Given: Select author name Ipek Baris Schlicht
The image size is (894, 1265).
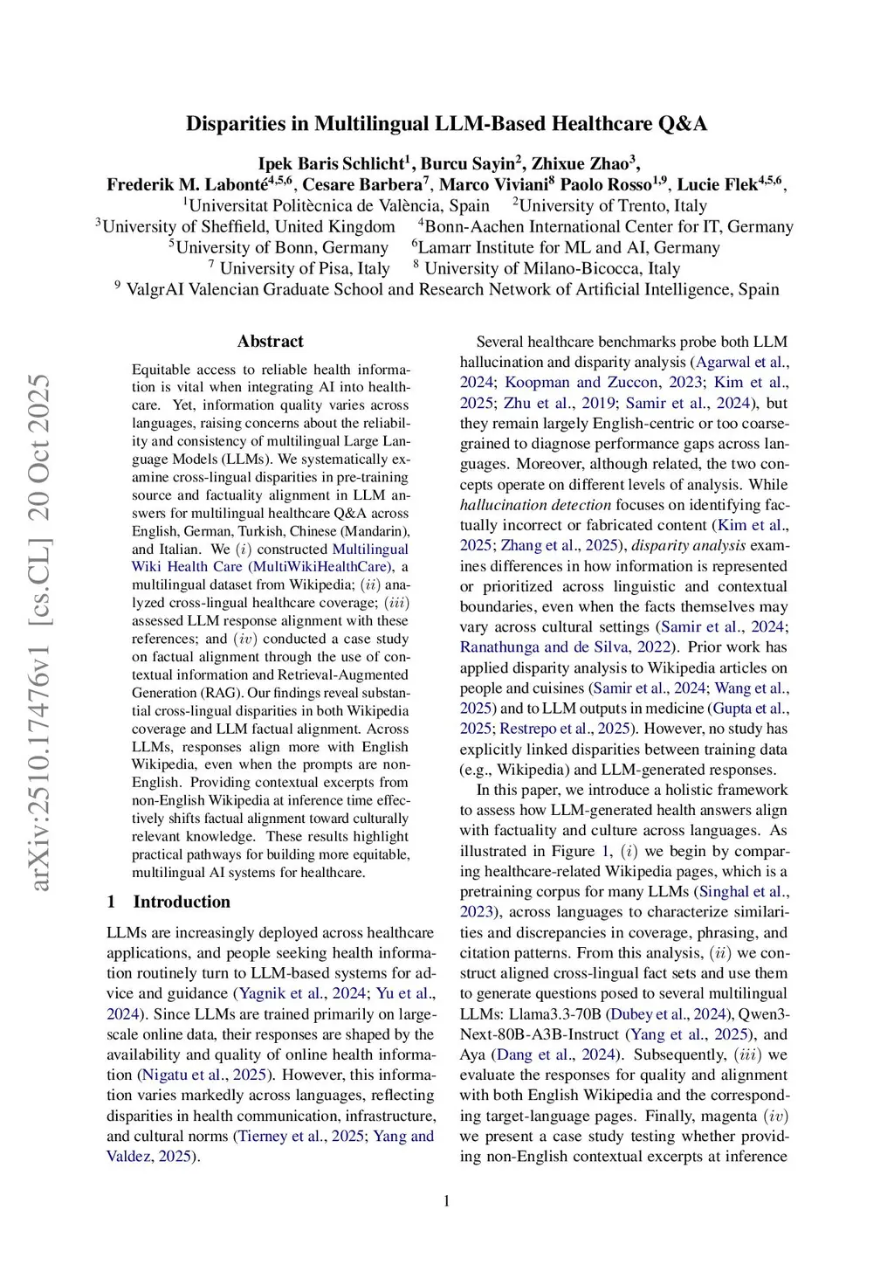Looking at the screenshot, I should click(331, 163).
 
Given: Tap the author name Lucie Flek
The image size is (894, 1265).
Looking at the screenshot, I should click(718, 184).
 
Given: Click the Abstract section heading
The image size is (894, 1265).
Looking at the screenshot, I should click(271, 342).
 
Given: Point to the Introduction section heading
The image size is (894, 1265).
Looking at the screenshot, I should click(182, 902).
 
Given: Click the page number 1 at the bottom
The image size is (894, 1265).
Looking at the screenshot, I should click(447, 1201).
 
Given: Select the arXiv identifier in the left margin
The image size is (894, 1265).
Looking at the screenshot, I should click(39, 633).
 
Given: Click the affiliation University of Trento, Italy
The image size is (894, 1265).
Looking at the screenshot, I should click(613, 205).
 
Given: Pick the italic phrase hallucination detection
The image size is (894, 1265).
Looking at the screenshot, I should click(535, 505).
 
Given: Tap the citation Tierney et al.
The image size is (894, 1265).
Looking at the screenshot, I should click(279, 1137).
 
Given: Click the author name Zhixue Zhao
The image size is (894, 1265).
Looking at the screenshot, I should click(581, 163).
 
